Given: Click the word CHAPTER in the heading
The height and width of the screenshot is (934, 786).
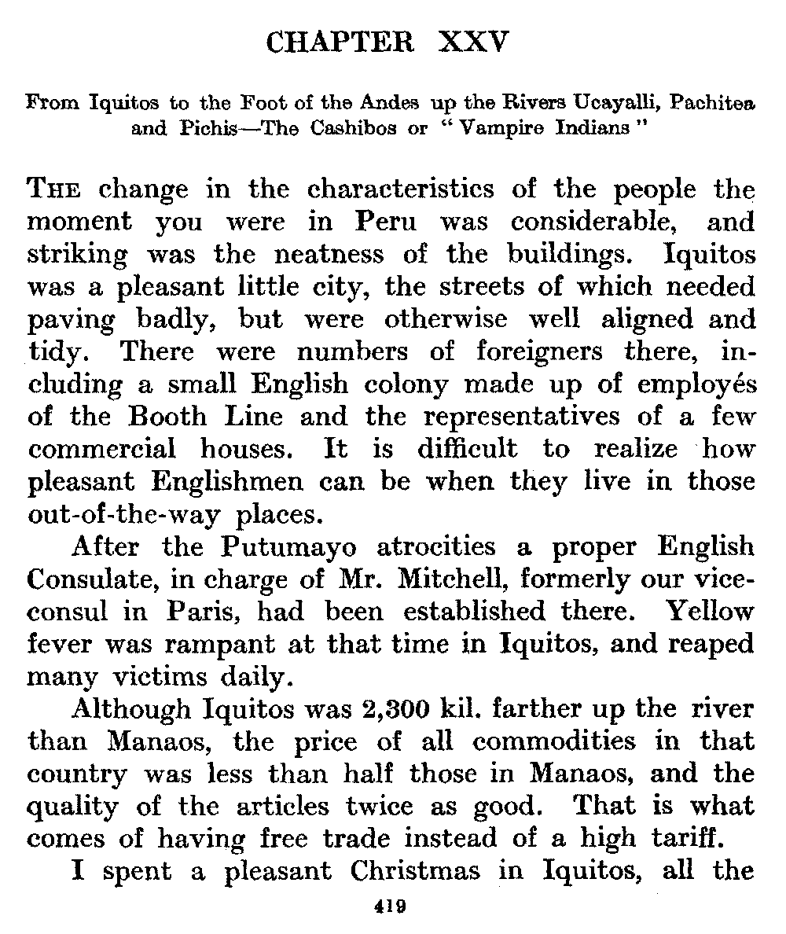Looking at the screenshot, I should tap(340, 42).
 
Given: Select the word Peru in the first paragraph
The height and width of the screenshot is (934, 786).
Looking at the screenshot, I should tap(385, 222).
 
